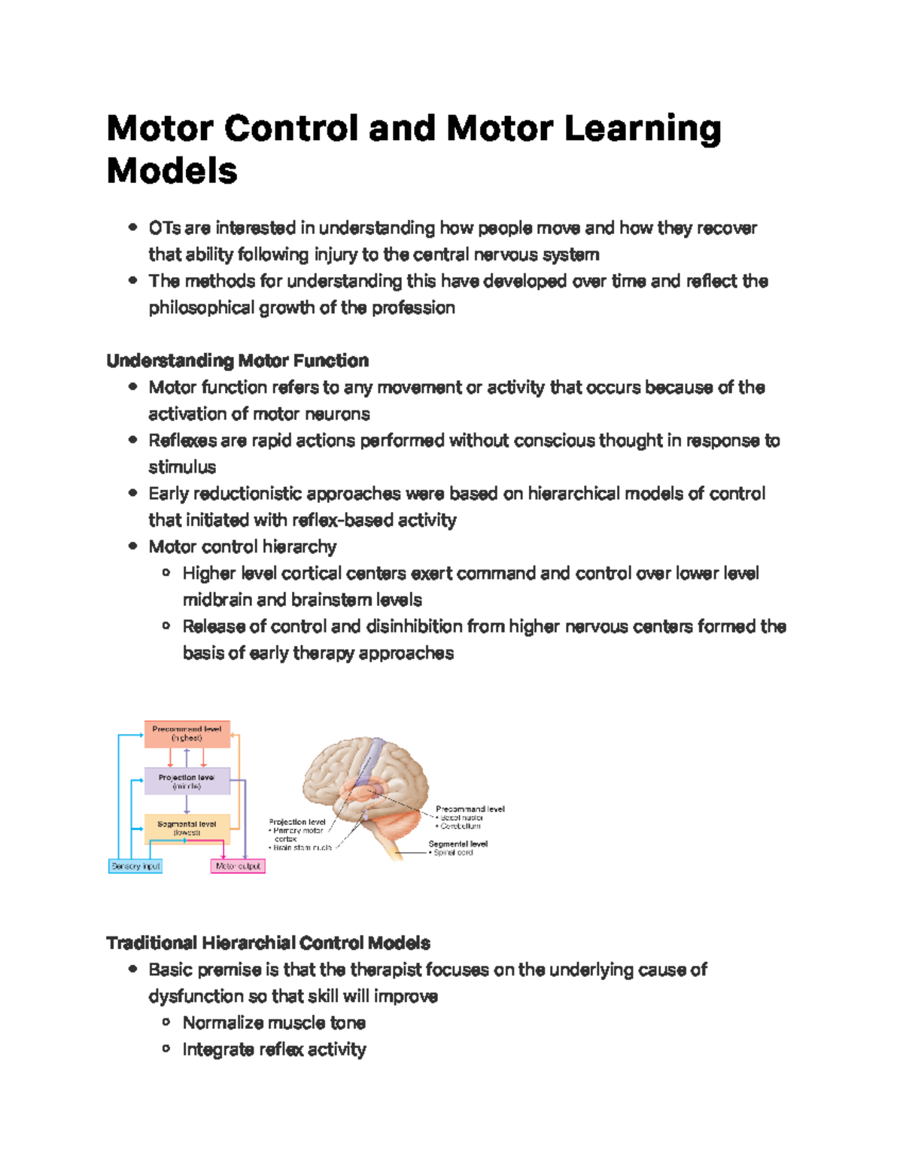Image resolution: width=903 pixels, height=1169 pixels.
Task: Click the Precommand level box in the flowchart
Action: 187,734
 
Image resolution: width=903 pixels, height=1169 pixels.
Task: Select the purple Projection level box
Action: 187,781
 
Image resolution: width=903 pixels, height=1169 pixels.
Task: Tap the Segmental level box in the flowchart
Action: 187,829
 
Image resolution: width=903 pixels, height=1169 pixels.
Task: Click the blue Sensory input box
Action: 135,866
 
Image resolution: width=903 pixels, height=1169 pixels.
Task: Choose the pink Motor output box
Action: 238,866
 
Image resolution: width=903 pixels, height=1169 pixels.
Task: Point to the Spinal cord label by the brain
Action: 453,853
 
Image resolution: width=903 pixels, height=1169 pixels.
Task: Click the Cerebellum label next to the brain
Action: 461,826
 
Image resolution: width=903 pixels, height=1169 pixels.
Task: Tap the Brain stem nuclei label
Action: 302,848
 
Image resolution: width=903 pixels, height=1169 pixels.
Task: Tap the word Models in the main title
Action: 172,171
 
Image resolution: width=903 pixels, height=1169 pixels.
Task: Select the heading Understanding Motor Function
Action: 238,361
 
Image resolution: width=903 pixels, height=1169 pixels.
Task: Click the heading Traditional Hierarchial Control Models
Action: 269,943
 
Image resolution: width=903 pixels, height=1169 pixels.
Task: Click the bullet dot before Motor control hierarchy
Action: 133,546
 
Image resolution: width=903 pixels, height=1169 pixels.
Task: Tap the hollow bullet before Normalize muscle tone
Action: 166,1022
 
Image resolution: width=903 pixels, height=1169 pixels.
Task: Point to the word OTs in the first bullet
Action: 164,228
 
